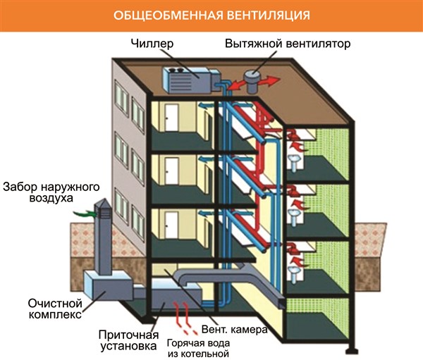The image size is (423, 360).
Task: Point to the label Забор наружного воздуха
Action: click(49, 194)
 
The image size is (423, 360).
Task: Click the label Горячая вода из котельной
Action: click(200, 349)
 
